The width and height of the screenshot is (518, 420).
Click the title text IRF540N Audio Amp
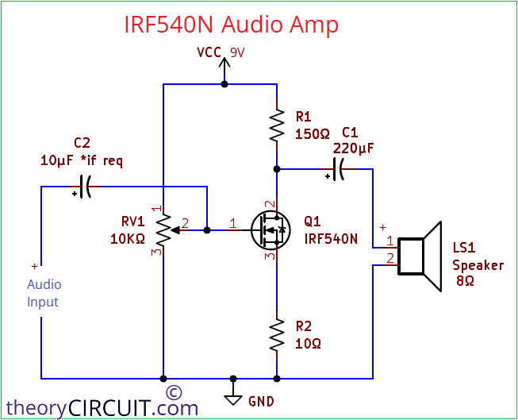click(232, 25)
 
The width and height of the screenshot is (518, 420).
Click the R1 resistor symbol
click(277, 125)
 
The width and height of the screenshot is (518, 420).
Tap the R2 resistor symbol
click(277, 336)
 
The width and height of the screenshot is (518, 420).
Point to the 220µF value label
click(354, 148)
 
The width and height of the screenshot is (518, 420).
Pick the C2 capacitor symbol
click(86, 187)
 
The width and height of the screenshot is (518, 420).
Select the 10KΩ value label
click(128, 239)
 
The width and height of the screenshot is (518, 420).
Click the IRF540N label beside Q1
click(331, 238)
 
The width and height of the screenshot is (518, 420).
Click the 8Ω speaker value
click(465, 281)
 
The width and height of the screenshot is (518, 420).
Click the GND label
click(261, 402)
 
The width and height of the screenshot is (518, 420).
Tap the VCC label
click(210, 52)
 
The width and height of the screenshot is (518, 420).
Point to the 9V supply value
click(238, 52)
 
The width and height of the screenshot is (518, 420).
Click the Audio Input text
click(44, 293)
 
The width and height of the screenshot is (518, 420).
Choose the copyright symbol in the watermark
click(175, 391)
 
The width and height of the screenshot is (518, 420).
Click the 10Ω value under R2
click(308, 344)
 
